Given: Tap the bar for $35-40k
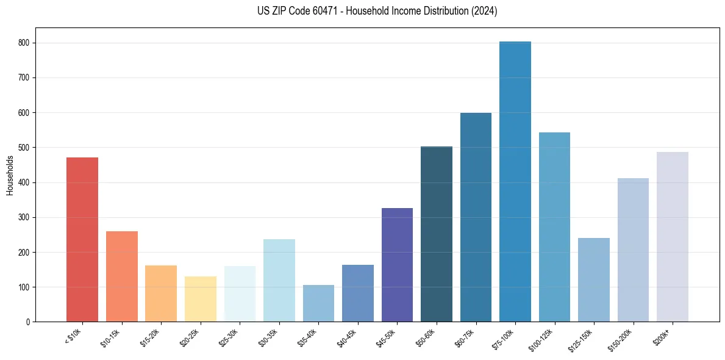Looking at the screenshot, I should click(318, 303).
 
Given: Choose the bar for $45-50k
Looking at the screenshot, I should click(397, 265).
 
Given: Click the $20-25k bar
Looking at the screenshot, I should click(201, 299).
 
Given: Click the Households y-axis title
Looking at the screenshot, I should click(10, 175).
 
